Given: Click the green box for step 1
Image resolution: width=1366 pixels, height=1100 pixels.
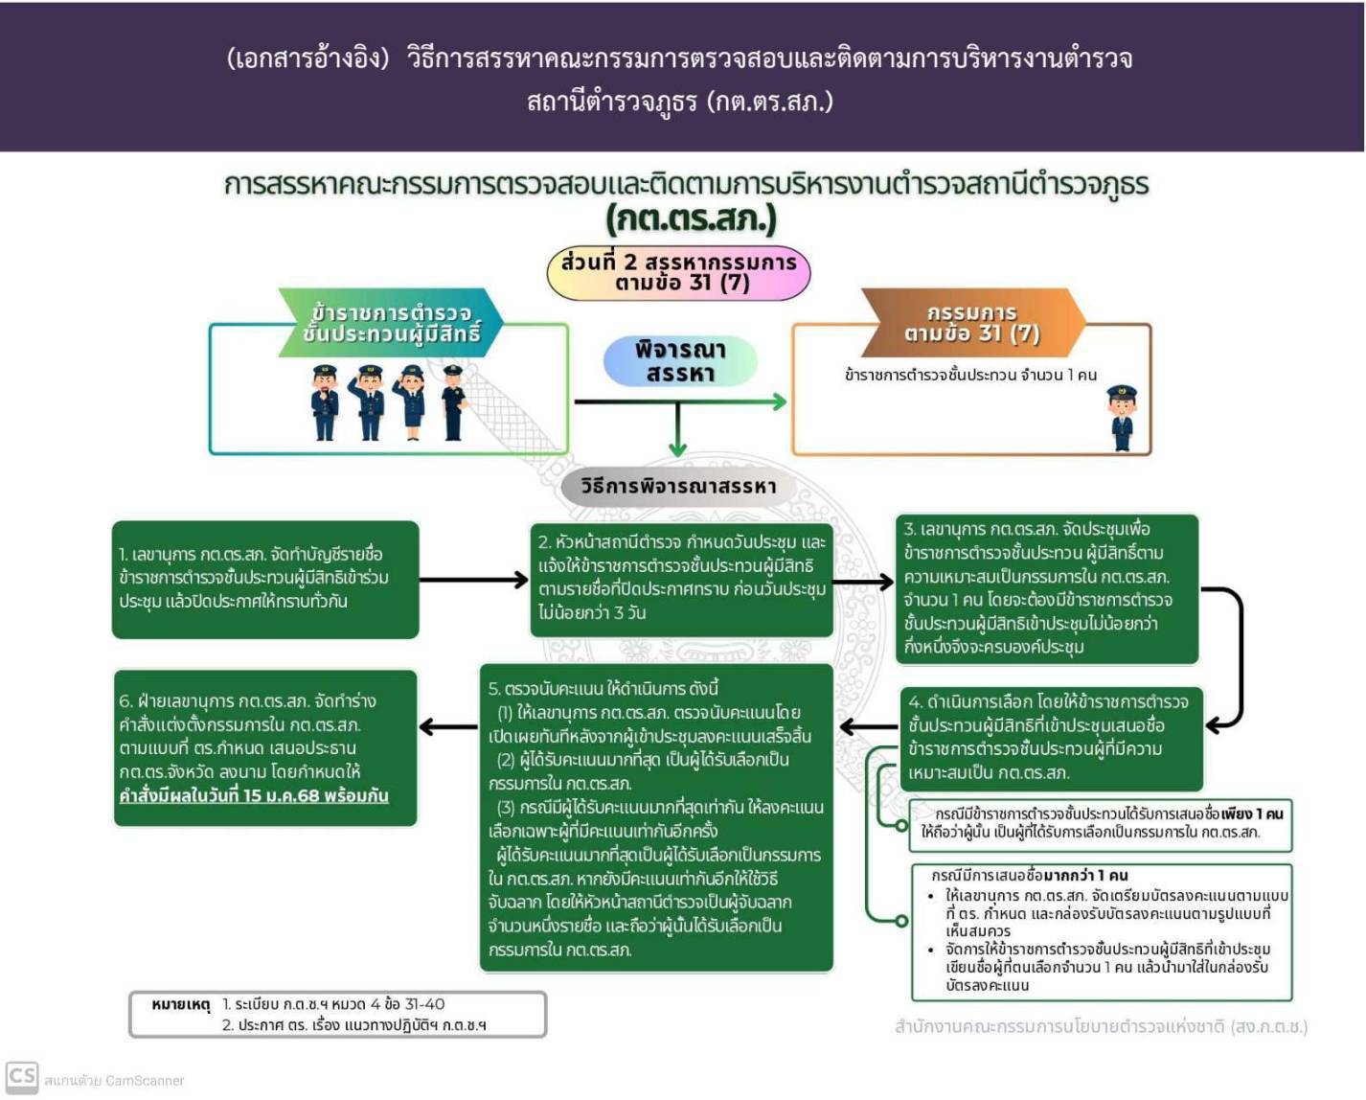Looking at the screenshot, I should [265, 579].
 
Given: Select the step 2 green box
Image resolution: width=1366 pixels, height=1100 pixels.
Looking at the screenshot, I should [681, 579].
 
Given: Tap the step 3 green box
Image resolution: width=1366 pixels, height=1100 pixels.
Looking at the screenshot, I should [1048, 588].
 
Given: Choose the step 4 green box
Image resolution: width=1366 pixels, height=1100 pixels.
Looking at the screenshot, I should [1048, 738].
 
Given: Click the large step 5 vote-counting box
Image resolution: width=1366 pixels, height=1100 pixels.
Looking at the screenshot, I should [655, 818].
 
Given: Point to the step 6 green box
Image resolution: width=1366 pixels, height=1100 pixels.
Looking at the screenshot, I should [265, 747].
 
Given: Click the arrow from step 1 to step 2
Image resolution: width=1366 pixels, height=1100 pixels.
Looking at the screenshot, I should [473, 580].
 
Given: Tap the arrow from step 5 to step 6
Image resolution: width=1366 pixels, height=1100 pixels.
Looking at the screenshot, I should [448, 728].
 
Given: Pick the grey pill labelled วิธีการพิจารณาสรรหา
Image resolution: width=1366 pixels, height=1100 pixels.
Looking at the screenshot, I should [678, 487].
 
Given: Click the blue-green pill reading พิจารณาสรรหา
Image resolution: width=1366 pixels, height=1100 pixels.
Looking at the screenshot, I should [680, 361].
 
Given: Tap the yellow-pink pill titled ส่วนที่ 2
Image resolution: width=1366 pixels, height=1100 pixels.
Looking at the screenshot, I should [678, 272].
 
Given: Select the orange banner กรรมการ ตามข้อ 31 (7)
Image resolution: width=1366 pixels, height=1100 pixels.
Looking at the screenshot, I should [971, 323].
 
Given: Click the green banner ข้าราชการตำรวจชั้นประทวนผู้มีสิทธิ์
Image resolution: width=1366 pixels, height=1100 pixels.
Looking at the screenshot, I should [391, 323].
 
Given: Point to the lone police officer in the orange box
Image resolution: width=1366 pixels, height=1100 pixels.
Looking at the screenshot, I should [1121, 418].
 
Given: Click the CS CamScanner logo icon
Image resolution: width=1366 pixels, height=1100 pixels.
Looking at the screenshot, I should [22, 1077].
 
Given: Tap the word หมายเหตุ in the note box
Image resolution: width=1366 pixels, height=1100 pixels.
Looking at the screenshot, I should [180, 1004].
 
